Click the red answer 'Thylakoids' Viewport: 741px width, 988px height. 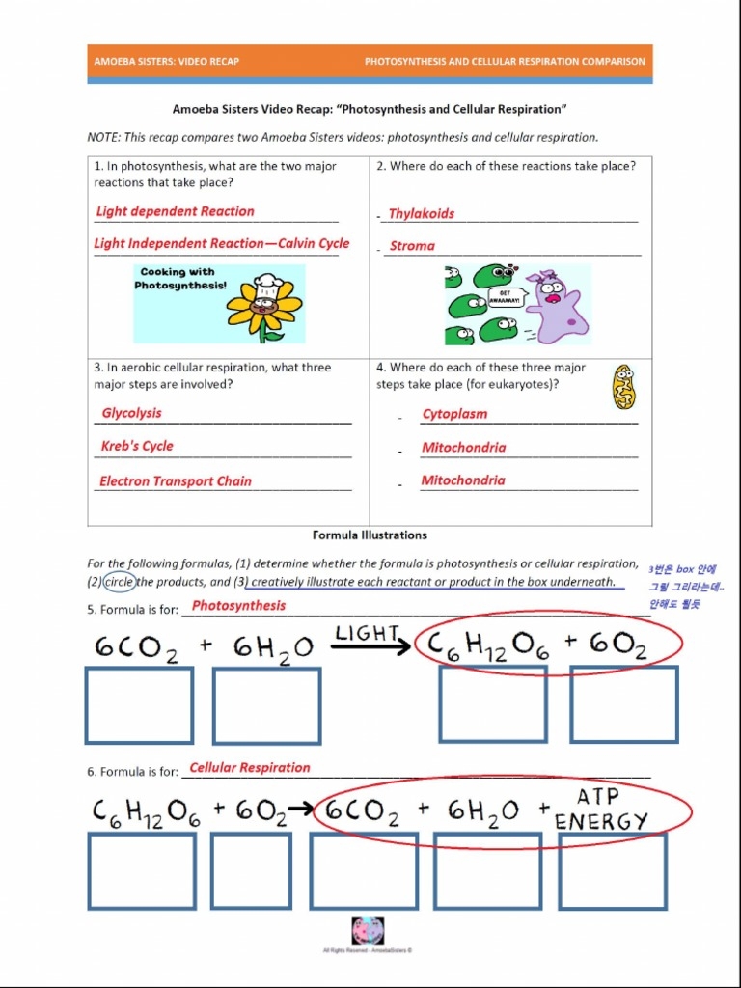[x=421, y=214]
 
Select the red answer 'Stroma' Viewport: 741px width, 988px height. [x=412, y=246]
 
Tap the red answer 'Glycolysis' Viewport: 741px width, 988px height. [x=132, y=413]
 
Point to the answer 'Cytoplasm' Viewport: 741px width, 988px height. [x=454, y=414]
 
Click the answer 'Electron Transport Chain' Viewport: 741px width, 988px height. [x=176, y=481]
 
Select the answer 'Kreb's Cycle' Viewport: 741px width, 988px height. [x=137, y=446]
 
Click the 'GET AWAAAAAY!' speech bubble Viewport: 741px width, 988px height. [x=507, y=297]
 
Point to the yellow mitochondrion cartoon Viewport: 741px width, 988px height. [x=624, y=386]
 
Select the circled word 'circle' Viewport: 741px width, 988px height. [x=120, y=582]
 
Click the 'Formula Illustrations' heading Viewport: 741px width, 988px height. [x=370, y=535]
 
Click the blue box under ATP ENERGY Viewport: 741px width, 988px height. [x=613, y=871]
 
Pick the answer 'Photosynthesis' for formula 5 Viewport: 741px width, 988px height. [x=238, y=606]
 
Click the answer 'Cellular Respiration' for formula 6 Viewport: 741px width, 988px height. [x=250, y=768]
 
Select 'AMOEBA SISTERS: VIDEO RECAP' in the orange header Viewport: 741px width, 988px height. [x=167, y=62]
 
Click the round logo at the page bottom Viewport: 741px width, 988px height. [x=368, y=930]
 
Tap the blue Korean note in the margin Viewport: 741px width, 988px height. [x=686, y=587]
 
